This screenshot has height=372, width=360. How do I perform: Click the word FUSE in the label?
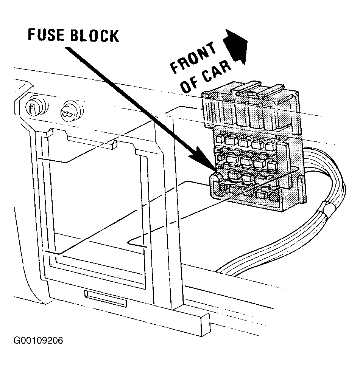click(46, 35)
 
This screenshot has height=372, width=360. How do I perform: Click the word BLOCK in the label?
click(95, 36)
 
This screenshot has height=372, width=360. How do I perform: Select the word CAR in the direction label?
click(217, 70)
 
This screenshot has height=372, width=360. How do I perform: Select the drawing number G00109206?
click(38, 341)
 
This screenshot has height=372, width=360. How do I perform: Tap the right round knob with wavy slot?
click(71, 111)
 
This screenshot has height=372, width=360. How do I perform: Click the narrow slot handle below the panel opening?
click(105, 298)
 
